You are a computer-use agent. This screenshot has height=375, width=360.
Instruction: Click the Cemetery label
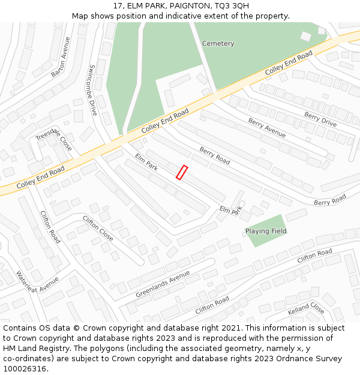218,44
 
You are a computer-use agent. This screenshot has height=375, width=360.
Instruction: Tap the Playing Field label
266,231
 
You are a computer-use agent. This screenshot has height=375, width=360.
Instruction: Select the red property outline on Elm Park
182,173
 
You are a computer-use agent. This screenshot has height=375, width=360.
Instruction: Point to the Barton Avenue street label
61,57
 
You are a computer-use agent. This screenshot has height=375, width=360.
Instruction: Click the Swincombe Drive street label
93,90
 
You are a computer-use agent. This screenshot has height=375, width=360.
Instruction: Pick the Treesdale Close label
54,139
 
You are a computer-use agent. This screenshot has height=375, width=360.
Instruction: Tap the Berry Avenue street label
266,128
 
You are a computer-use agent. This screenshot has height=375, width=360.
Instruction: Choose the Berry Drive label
320,119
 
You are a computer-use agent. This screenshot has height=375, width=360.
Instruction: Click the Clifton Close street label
98,228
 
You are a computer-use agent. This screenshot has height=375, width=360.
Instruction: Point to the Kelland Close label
306,309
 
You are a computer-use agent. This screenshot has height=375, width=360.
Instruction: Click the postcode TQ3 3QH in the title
231,6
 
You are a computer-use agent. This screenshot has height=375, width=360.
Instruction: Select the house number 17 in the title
118,6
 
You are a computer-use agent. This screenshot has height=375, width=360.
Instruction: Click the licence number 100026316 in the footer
24,368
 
